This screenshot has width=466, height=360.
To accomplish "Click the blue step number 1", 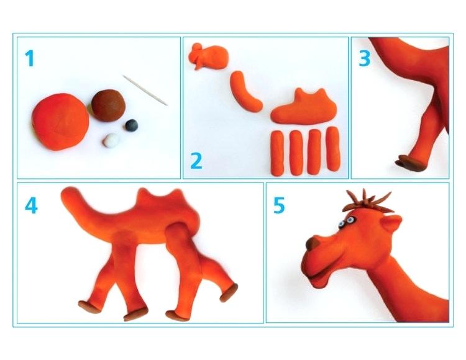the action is tap(29, 58).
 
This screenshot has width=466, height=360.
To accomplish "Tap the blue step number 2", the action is tap(196, 161).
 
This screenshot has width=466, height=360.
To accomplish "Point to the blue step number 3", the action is tap(365, 58).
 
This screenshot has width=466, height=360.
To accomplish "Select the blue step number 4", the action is tap(31, 205).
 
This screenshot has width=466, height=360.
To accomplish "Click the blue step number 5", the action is tap(279, 205).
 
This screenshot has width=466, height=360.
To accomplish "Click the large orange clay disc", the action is tap(60, 122).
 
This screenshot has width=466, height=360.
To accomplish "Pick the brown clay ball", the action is tap(109, 106).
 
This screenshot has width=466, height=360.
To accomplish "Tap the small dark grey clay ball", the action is tap(131, 125).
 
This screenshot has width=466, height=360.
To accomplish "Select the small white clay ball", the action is tap(112, 140).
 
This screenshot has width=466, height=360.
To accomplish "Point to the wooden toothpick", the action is tap(145, 90).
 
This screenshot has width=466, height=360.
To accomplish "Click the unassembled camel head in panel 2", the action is tap(209, 56).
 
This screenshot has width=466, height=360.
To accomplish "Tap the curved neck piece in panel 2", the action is tap(245, 91).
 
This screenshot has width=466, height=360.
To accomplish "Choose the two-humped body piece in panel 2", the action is tap(304, 107).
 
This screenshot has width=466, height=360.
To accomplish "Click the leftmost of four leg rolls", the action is tap(277, 153).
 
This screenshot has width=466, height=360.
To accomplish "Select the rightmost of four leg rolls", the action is tap(333, 149).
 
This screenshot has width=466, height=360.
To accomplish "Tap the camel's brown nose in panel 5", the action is tap(312, 243).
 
